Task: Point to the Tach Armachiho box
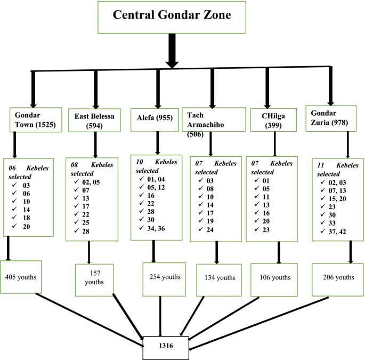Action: [211, 119]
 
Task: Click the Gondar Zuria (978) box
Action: [330, 117]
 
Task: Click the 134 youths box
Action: [220, 278]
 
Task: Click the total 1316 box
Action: [166, 346]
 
